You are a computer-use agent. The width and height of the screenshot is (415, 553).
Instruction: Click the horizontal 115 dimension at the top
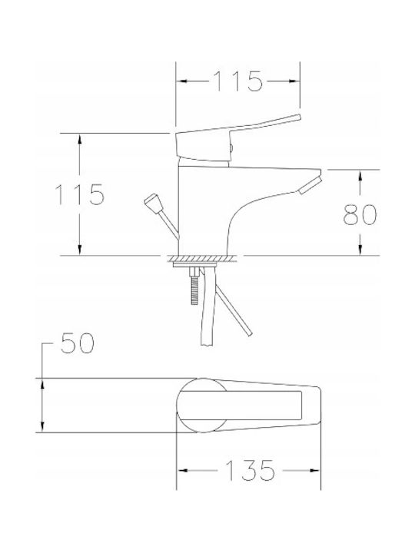click(x=238, y=81)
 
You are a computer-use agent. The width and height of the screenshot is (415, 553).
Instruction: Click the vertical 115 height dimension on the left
click(x=80, y=194)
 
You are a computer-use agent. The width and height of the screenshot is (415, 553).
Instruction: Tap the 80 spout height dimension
click(x=360, y=214)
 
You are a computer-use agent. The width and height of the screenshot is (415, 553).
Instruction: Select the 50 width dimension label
click(x=78, y=343)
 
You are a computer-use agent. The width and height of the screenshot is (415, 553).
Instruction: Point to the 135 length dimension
click(x=250, y=471)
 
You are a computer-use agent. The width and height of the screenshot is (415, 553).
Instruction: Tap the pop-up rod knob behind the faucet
click(x=153, y=202)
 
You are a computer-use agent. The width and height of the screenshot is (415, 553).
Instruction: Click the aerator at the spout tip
click(x=310, y=186)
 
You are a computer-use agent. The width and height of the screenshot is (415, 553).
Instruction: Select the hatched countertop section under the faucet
click(x=204, y=259)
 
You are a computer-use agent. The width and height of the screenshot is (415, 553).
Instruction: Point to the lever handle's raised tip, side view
click(x=298, y=118)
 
